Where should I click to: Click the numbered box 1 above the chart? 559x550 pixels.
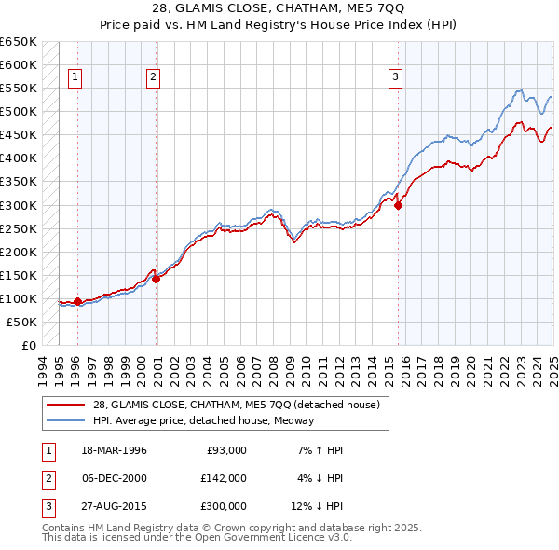point(75,77)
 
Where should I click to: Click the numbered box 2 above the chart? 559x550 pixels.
point(152,77)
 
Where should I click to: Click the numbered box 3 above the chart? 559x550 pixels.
point(395,77)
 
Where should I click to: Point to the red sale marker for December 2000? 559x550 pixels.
point(157,278)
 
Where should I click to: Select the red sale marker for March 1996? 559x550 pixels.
point(77,301)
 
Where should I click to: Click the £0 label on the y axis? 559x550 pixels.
point(28,345)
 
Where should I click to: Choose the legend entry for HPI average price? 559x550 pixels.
point(203,420)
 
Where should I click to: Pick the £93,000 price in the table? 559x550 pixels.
point(224,450)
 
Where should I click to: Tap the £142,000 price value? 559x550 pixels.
point(223,478)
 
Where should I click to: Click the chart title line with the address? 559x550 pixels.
point(279,8)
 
